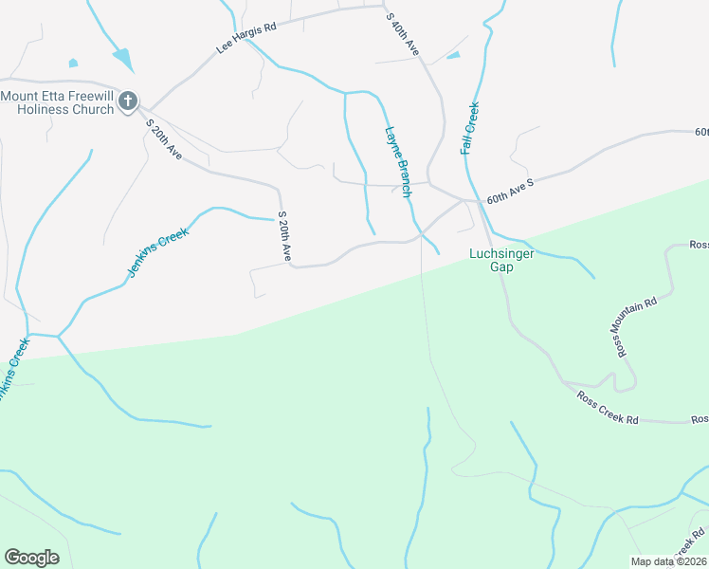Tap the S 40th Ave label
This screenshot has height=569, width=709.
[403, 33]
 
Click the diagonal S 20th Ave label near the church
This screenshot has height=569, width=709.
[163, 138]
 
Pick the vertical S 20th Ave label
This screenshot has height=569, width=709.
[284, 237]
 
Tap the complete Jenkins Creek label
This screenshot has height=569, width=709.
[158, 252]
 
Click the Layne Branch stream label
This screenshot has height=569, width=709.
[398, 161]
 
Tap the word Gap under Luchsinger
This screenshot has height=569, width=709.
[500, 267]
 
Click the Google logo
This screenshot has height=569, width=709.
[31, 558]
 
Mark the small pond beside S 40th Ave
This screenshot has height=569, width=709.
[453, 55]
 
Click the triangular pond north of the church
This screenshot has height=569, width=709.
[123, 58]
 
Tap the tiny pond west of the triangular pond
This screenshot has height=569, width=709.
[73, 64]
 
